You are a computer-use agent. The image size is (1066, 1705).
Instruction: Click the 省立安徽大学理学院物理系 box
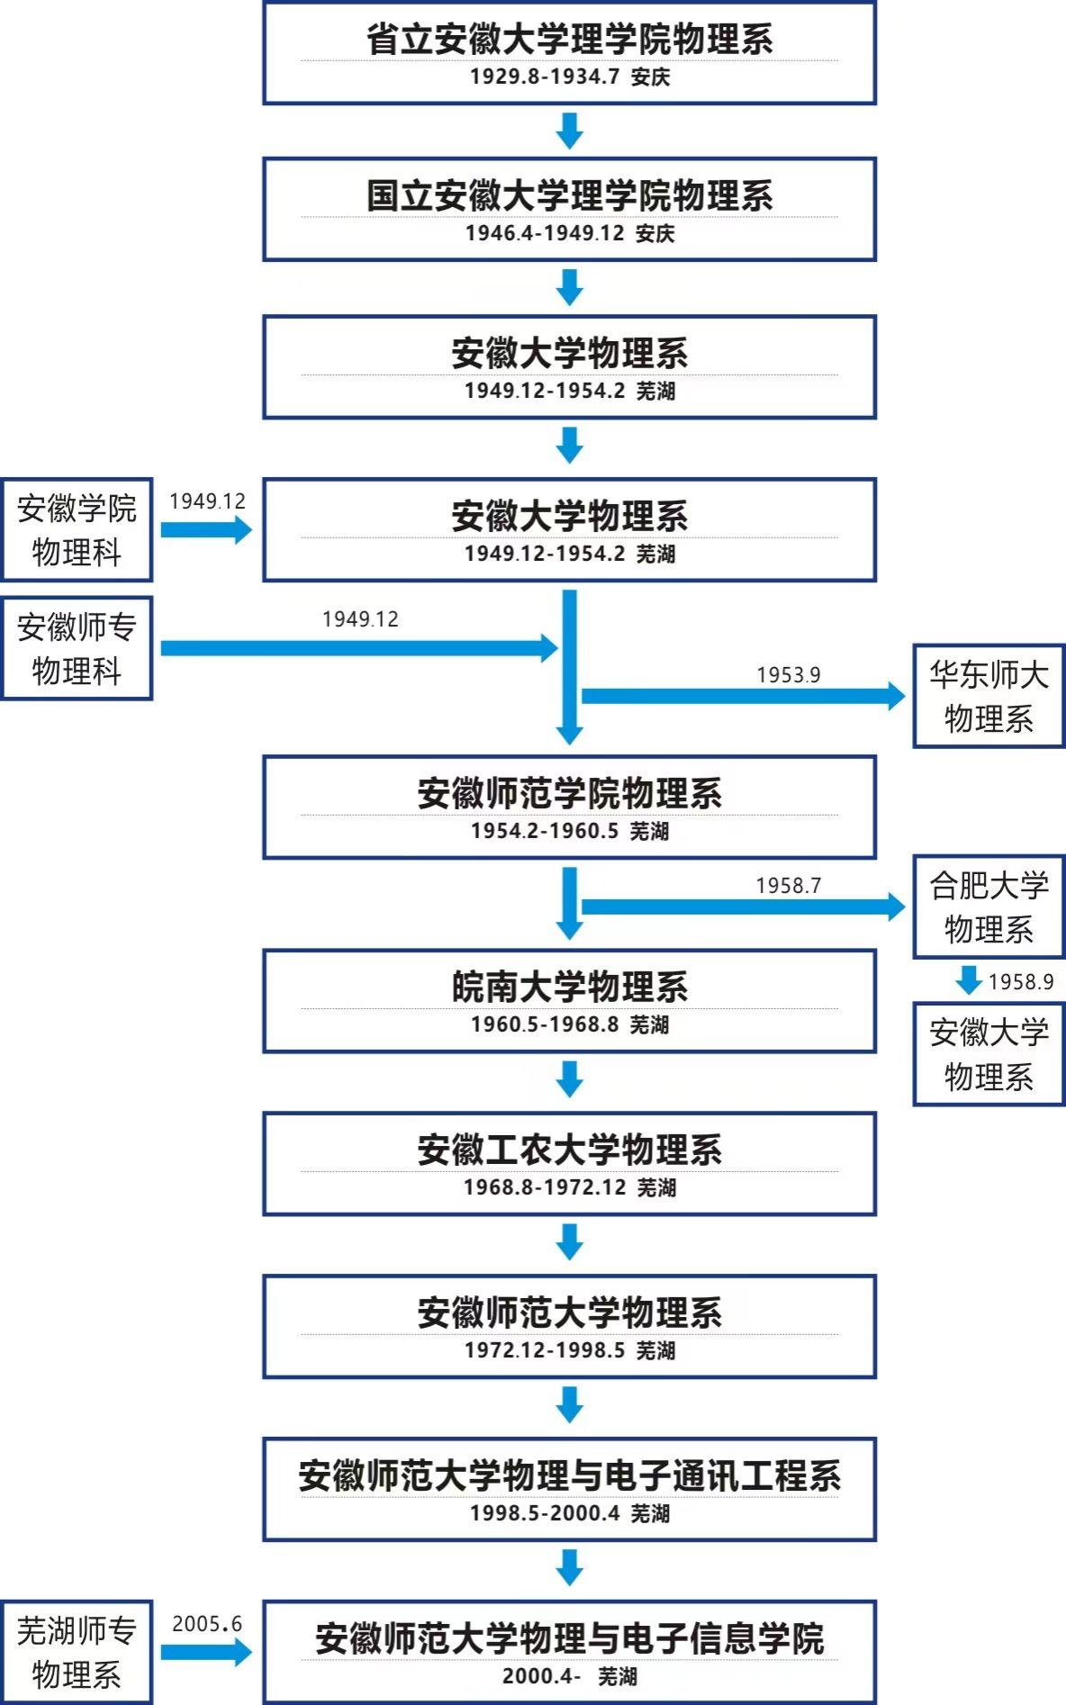coord(569,52)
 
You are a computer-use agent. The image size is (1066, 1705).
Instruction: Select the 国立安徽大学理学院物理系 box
coord(569,209)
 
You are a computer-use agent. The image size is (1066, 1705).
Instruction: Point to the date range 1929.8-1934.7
coord(545,77)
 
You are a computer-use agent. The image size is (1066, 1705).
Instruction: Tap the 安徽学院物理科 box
coord(77,529)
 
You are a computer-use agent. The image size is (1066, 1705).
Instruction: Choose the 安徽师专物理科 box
coord(77,648)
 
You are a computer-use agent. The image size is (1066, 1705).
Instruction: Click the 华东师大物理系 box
coord(989,696)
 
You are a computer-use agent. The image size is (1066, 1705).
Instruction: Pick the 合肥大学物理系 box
coord(989,907)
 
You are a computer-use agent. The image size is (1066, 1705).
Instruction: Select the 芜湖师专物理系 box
coord(77,1652)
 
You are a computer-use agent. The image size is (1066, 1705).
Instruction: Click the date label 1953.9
coord(789,674)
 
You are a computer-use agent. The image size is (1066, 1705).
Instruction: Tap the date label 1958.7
coord(789,885)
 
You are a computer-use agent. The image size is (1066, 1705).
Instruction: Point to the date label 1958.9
coord(1021,981)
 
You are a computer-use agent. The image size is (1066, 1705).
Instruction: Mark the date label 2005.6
coord(207,1623)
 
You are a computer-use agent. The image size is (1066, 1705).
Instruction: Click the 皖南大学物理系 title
coord(570,987)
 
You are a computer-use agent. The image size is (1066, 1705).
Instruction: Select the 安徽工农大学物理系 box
coord(569,1164)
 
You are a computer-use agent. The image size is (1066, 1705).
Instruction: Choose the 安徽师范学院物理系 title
coord(570,793)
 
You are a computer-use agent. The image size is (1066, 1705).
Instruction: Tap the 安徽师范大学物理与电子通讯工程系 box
coord(569,1489)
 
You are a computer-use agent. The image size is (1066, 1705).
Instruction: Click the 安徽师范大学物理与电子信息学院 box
coord(569,1652)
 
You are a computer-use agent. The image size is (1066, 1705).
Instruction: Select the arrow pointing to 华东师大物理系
coord(744,695)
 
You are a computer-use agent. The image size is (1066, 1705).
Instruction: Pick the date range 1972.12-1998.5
coord(545,1350)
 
